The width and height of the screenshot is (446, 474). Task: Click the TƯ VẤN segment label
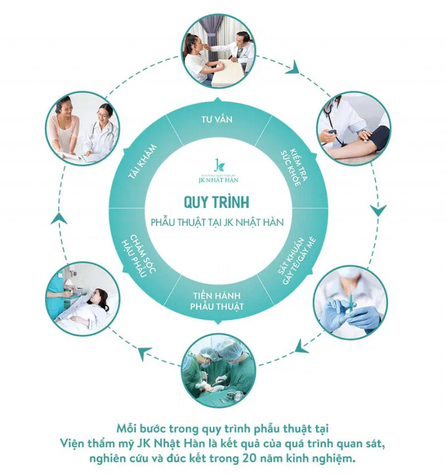(x=217, y=119)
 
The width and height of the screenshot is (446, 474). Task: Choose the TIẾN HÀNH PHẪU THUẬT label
(x=217, y=301)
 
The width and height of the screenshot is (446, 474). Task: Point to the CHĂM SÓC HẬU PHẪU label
(x=139, y=254)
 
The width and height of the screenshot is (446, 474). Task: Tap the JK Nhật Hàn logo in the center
(x=217, y=167)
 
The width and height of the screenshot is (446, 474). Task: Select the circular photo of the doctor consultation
(x=218, y=51)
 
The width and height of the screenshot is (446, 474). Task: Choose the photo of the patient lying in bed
(x=83, y=299)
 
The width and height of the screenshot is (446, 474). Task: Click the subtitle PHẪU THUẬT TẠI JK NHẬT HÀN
(x=217, y=222)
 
